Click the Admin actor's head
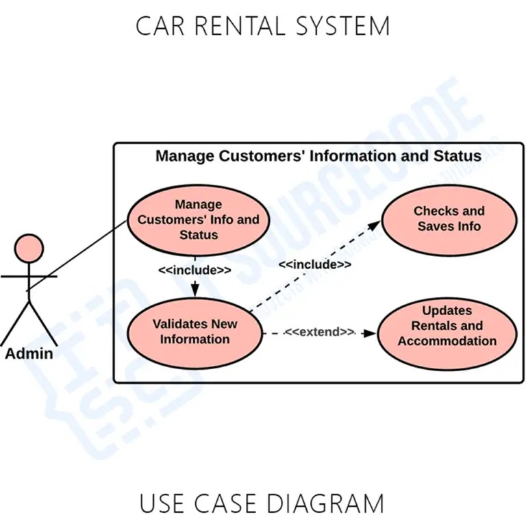coord(29,249)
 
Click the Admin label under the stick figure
coord(29,353)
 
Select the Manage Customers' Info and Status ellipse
coord(199,219)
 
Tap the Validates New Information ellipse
coord(195,331)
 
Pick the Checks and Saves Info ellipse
coord(449,218)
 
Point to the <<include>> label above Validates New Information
coord(195,270)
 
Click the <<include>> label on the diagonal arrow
coord(315,264)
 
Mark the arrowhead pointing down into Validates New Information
coord(195,290)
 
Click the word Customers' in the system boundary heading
coord(262,156)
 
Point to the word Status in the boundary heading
coord(458,156)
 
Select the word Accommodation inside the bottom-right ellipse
coord(447,341)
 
